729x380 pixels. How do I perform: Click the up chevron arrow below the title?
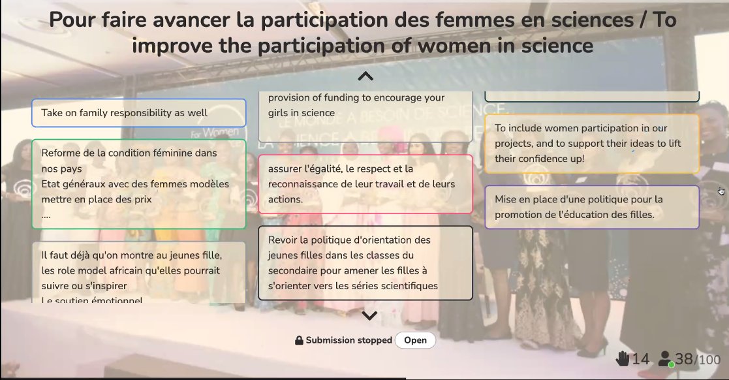pyautogui.click(x=365, y=76)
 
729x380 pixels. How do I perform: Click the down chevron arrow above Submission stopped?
pyautogui.click(x=369, y=316)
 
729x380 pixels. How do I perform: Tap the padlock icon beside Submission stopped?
pyautogui.click(x=299, y=340)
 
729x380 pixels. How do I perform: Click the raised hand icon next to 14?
pyautogui.click(x=623, y=358)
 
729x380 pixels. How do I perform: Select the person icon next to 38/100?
pyautogui.click(x=665, y=358)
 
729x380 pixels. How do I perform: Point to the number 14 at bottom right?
pyautogui.click(x=640, y=359)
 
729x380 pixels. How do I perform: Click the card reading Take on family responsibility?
pyautogui.click(x=138, y=113)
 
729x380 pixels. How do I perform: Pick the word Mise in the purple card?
pyautogui.click(x=506, y=198)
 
